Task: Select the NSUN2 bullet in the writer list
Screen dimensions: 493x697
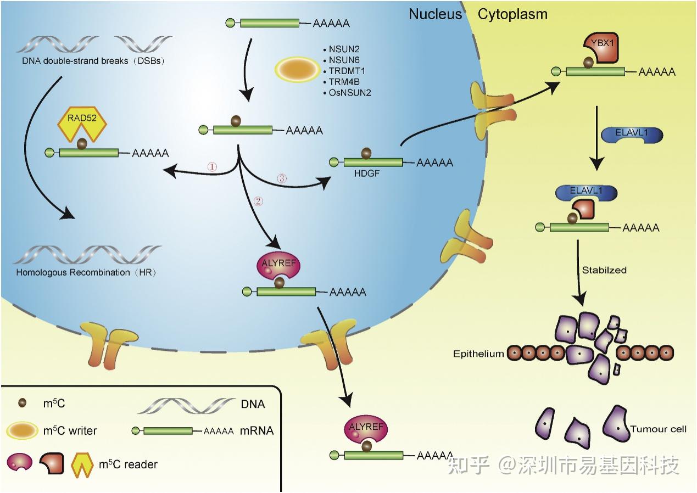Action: [x=344, y=49]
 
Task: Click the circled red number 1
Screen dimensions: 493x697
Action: [x=212, y=166]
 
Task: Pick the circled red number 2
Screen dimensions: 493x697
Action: [x=259, y=200]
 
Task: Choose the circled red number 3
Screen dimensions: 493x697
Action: [x=281, y=178]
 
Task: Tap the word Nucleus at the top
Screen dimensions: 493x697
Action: [x=435, y=14]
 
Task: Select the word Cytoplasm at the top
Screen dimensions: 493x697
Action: [x=512, y=14]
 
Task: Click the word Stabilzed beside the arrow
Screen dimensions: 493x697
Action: [x=604, y=270]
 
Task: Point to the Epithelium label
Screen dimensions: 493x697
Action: [x=478, y=354]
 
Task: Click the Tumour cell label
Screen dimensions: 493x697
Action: [x=658, y=429]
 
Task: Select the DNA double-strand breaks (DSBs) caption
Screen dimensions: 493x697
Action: [x=93, y=60]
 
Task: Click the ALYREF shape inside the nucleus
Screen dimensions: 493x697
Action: [x=279, y=266]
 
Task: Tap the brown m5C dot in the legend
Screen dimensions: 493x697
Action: [x=23, y=403]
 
